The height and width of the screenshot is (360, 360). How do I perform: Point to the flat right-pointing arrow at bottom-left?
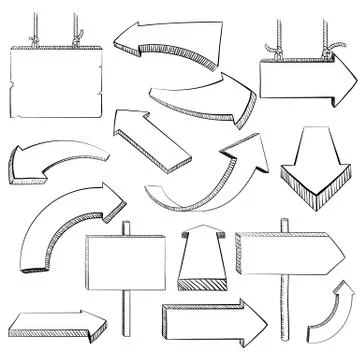[58, 324]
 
